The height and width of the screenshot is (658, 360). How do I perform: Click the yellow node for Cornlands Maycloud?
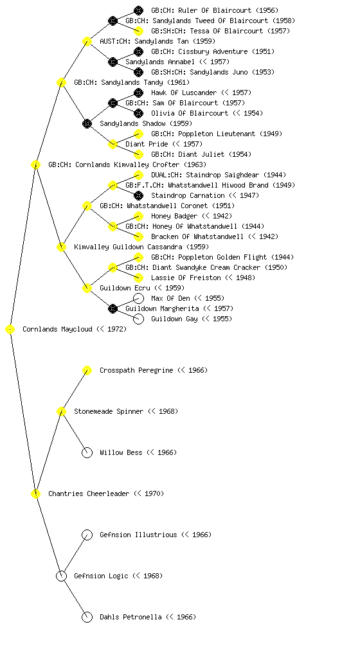(x=10, y=329)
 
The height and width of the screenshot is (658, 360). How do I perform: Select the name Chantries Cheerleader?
(x=89, y=493)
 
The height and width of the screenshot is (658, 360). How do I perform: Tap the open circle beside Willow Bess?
(x=87, y=452)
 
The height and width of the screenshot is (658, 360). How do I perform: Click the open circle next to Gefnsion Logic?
(x=61, y=576)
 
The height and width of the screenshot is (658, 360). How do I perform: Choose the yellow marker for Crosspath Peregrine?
(x=87, y=370)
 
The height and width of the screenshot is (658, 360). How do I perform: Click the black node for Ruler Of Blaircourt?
(x=138, y=10)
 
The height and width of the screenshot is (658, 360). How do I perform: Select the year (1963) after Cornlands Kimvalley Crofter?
(x=195, y=164)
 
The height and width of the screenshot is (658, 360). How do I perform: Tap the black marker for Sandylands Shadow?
(x=87, y=123)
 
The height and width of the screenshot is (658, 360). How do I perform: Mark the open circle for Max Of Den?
(x=138, y=298)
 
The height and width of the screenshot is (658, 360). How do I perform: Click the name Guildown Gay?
(x=174, y=319)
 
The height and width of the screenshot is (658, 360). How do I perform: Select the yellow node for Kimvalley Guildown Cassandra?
(x=61, y=247)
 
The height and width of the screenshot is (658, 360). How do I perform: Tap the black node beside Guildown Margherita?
(x=113, y=308)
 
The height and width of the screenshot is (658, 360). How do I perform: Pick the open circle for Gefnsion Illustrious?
(x=87, y=535)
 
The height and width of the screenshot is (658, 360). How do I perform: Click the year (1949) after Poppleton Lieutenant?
(x=271, y=134)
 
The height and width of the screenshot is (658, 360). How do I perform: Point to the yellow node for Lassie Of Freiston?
(x=138, y=278)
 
